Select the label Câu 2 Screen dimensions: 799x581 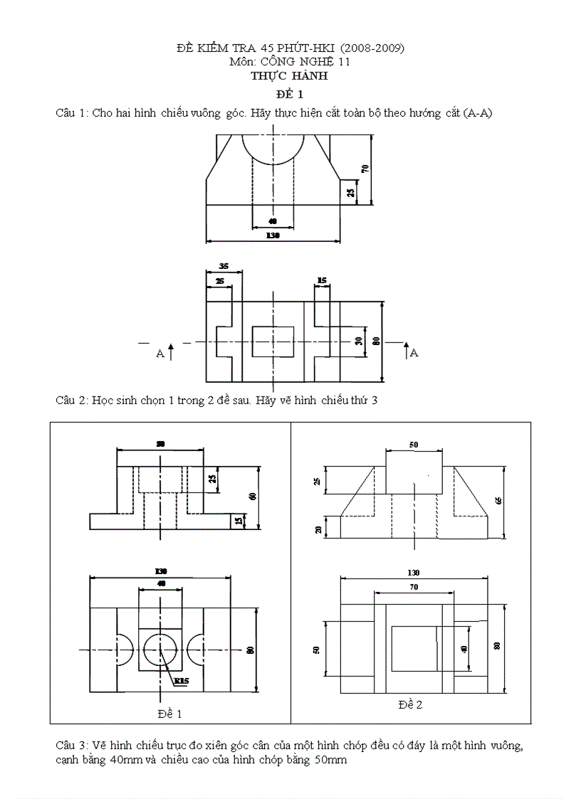pyautogui.click(x=72, y=401)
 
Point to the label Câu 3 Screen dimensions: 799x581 pyautogui.click(x=72, y=746)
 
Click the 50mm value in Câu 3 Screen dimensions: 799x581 pyautogui.click(x=330, y=760)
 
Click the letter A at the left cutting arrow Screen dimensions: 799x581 pyautogui.click(x=160, y=353)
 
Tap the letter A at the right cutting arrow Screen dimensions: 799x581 pyautogui.click(x=414, y=352)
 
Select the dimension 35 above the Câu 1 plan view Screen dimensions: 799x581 pyautogui.click(x=224, y=266)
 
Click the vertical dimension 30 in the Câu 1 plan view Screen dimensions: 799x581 pyautogui.click(x=359, y=341)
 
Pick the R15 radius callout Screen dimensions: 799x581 pyautogui.click(x=182, y=682)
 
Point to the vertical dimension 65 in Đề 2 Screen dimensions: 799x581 pyautogui.click(x=498, y=500)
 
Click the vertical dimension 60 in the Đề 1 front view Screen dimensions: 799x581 pyautogui.click(x=251, y=496)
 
